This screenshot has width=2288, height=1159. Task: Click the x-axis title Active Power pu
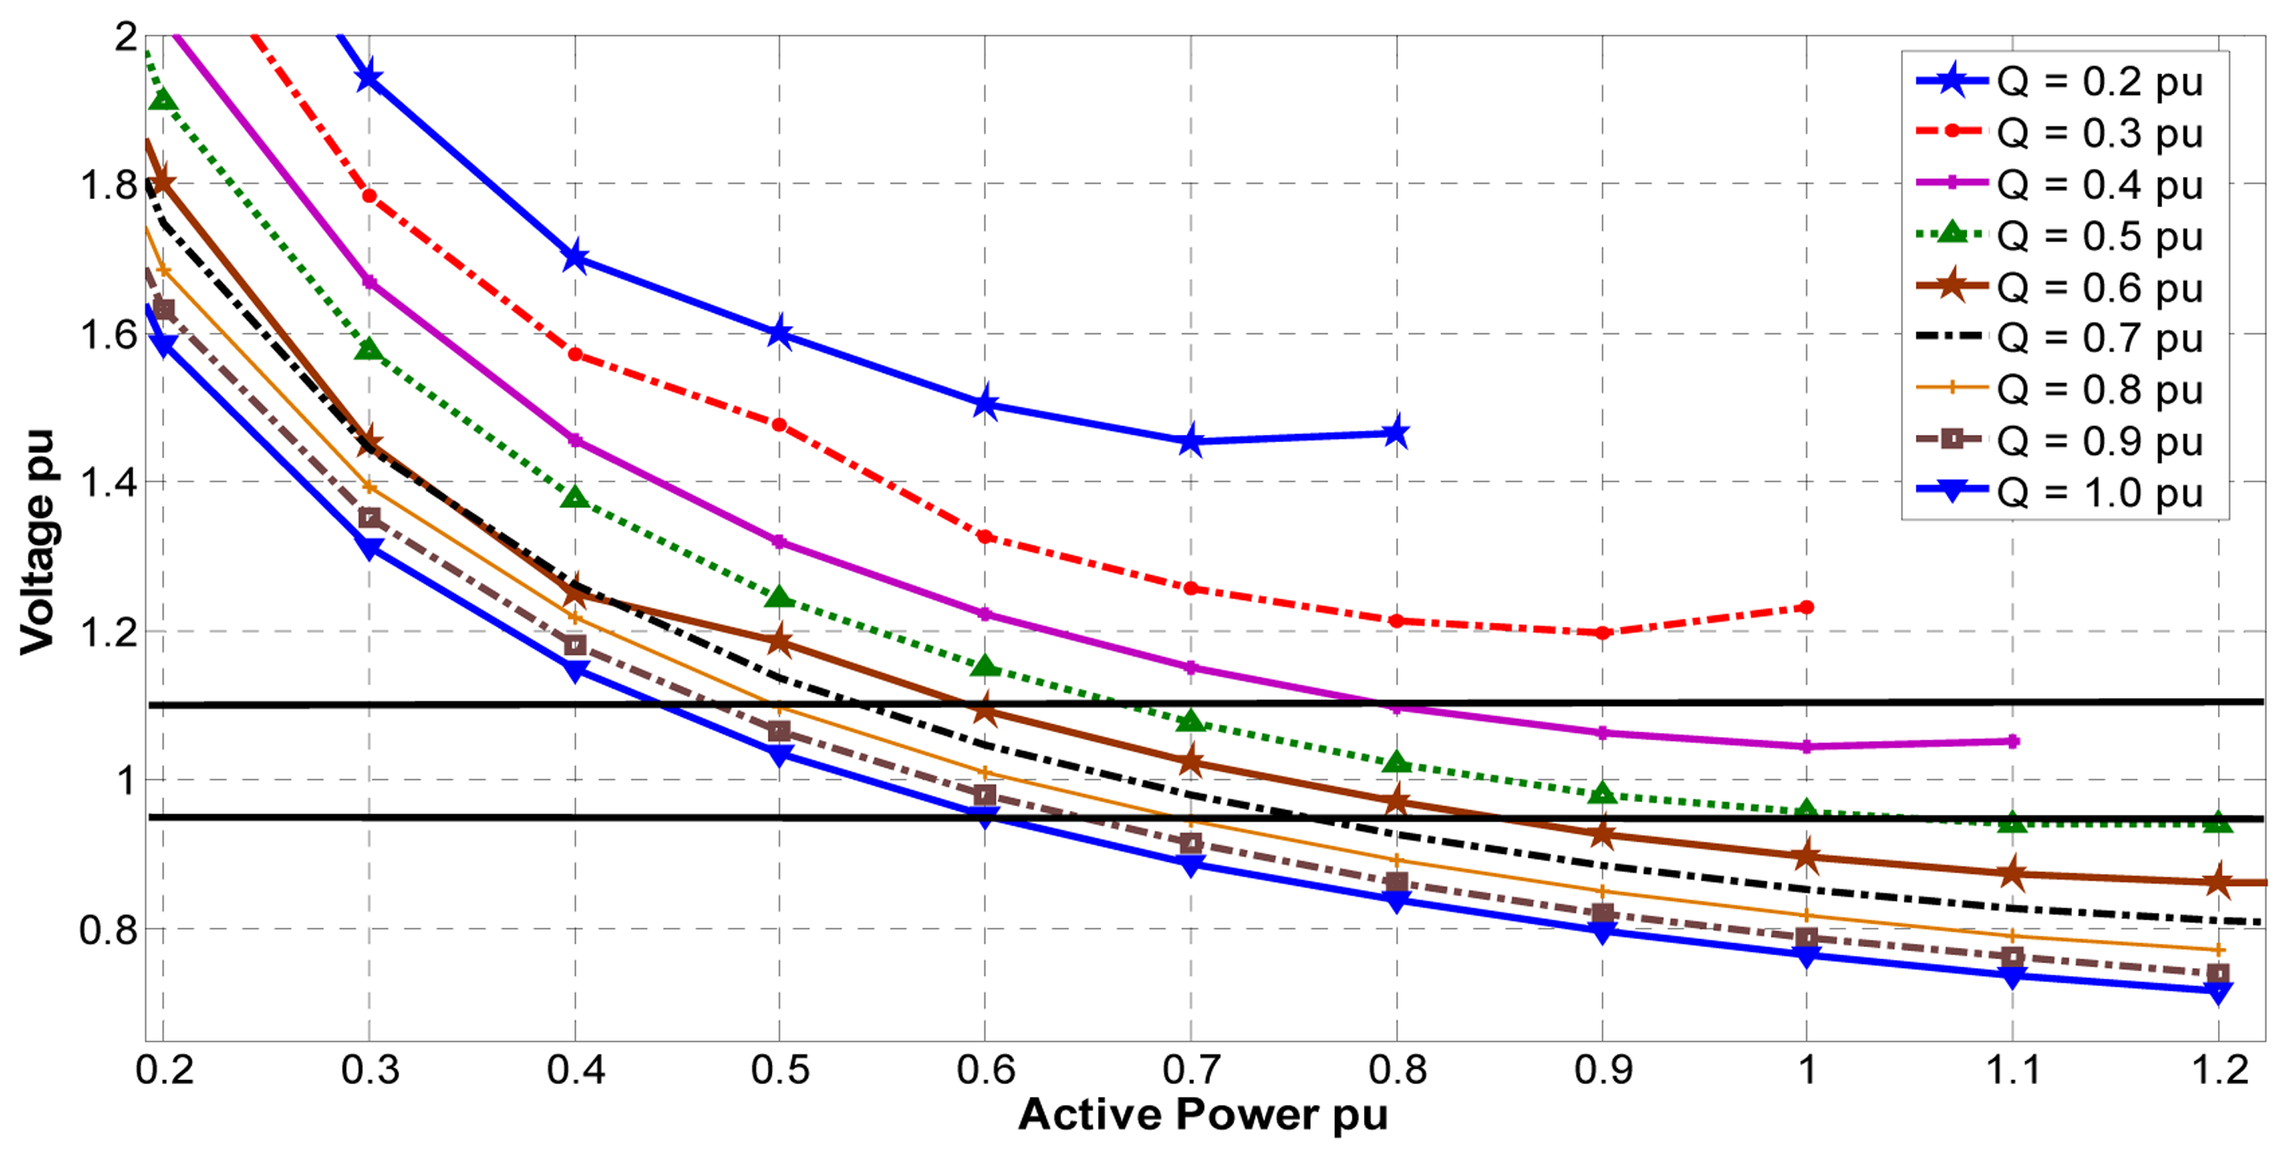pos(1203,1115)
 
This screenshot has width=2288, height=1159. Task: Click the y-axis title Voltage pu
pos(37,542)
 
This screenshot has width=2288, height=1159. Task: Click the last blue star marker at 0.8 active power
pos(1396,433)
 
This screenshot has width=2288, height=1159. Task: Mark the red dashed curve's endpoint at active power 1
pos(1805,607)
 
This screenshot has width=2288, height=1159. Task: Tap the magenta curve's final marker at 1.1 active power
pos(2012,741)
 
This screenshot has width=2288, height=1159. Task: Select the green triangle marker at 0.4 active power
pos(575,499)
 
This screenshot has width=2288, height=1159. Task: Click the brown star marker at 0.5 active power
pos(780,640)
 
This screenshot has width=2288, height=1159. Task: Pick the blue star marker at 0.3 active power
pos(370,78)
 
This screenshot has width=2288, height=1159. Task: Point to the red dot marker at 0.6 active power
pos(985,536)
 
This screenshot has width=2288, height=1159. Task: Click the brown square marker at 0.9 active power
pos(1602,914)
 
